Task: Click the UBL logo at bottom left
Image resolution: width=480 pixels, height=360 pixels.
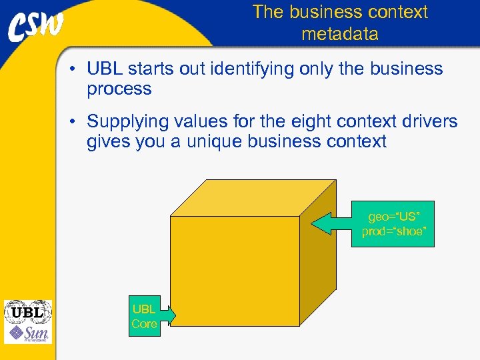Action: click(27, 311)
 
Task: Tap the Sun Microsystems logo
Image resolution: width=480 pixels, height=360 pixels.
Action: click(27, 333)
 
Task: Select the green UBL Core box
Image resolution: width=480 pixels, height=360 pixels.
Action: click(145, 317)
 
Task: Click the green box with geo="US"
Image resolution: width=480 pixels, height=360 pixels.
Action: click(393, 224)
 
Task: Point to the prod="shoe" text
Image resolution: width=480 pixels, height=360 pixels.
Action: click(393, 231)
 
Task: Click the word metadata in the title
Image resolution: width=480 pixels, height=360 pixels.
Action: click(339, 34)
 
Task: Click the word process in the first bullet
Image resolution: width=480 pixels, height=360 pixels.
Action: click(119, 89)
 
